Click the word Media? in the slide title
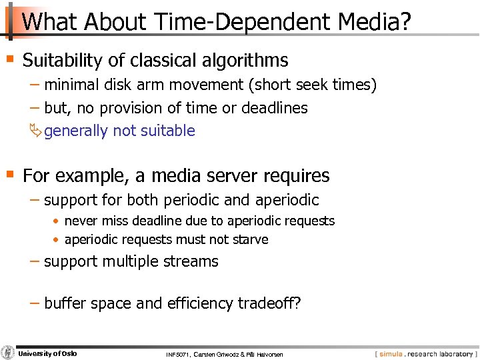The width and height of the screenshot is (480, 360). coord(373,21)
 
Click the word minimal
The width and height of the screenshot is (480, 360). coord(71,85)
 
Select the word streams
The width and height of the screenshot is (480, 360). coord(195,261)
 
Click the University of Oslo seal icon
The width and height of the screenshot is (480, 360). coord(8,353)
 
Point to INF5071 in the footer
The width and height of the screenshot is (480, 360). coord(180,354)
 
